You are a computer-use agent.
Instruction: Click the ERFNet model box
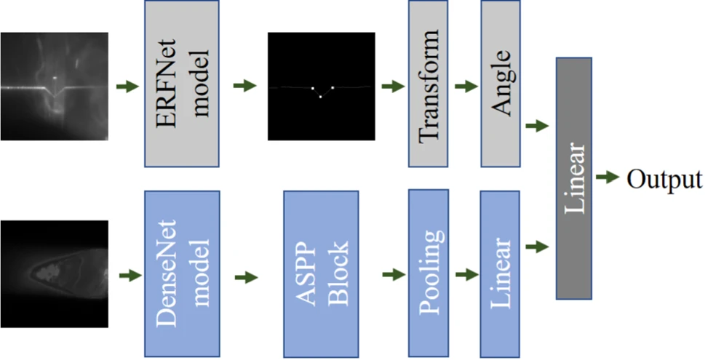coord(182,84)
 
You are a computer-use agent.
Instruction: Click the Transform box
coord(428,84)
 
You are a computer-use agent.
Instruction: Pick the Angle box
coord(500,84)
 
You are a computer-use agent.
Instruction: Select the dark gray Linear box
coord(573,178)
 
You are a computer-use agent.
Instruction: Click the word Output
coord(664,179)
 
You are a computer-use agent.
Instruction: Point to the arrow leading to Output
coord(608,178)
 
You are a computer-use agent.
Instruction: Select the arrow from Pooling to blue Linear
coord(465,275)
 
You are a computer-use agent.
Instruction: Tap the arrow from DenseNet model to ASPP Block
coord(247,277)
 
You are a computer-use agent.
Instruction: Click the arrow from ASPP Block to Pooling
coord(393,275)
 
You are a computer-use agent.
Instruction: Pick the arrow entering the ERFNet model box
coord(127,87)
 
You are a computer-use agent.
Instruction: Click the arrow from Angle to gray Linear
coord(536,126)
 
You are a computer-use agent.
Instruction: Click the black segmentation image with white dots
coord(321,87)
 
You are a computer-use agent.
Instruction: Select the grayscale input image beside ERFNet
coord(55,87)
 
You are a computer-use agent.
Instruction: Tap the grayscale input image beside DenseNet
coord(55,273)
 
